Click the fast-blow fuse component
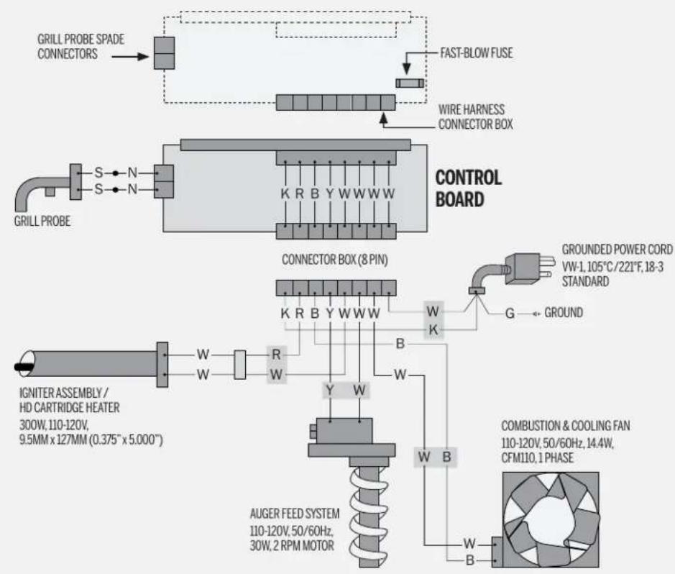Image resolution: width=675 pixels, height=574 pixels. [407, 84]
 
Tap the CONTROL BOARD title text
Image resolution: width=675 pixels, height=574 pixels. [469, 188]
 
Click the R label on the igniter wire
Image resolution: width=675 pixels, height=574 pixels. [275, 353]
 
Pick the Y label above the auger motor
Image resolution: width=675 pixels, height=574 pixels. [330, 391]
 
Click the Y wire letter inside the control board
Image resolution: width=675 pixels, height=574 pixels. [329, 193]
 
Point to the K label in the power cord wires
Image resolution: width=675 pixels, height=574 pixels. [433, 329]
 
